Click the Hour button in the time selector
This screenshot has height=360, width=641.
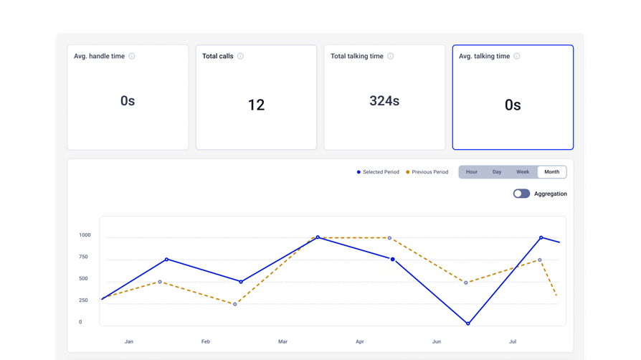(x=471, y=172)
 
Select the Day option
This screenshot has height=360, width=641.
(x=497, y=172)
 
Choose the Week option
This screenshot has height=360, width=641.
(x=523, y=172)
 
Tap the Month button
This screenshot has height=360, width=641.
(x=552, y=172)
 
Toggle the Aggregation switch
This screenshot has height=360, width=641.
(x=522, y=194)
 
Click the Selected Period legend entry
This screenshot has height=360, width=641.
(x=378, y=172)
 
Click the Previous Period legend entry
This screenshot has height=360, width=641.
(x=427, y=172)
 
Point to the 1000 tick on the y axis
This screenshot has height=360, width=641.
(x=85, y=235)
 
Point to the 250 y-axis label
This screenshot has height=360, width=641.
(x=83, y=300)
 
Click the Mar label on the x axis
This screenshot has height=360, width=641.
(x=283, y=341)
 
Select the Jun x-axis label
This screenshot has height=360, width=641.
(x=437, y=341)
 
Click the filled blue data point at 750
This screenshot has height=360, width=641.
(x=393, y=260)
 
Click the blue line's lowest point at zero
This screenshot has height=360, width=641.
(x=468, y=323)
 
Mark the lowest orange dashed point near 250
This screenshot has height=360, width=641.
(x=235, y=304)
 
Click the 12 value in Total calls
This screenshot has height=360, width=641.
(x=256, y=105)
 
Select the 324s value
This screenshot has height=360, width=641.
(x=384, y=100)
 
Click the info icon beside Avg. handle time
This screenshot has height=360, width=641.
(x=132, y=56)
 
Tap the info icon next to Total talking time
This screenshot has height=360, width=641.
(x=390, y=56)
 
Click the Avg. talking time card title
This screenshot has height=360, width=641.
(x=485, y=56)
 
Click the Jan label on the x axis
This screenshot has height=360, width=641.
(x=129, y=341)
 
